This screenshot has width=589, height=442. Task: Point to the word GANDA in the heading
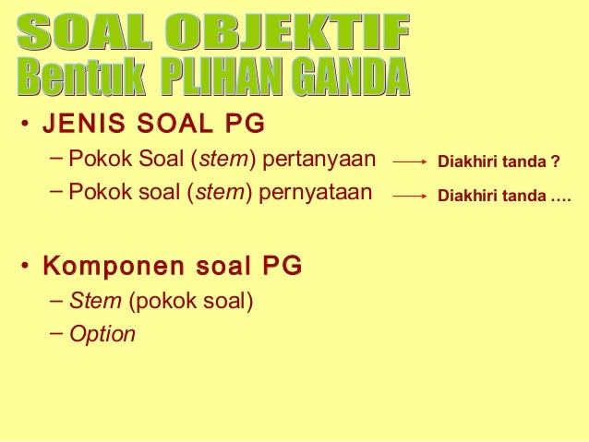click(x=352, y=80)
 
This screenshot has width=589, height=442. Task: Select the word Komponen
click(x=98, y=267)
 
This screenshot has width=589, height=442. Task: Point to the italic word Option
click(x=102, y=334)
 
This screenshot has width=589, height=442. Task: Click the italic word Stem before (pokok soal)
click(x=89, y=301)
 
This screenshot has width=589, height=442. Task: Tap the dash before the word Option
click(x=57, y=332)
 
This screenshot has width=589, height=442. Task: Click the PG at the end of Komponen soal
click(x=282, y=267)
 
